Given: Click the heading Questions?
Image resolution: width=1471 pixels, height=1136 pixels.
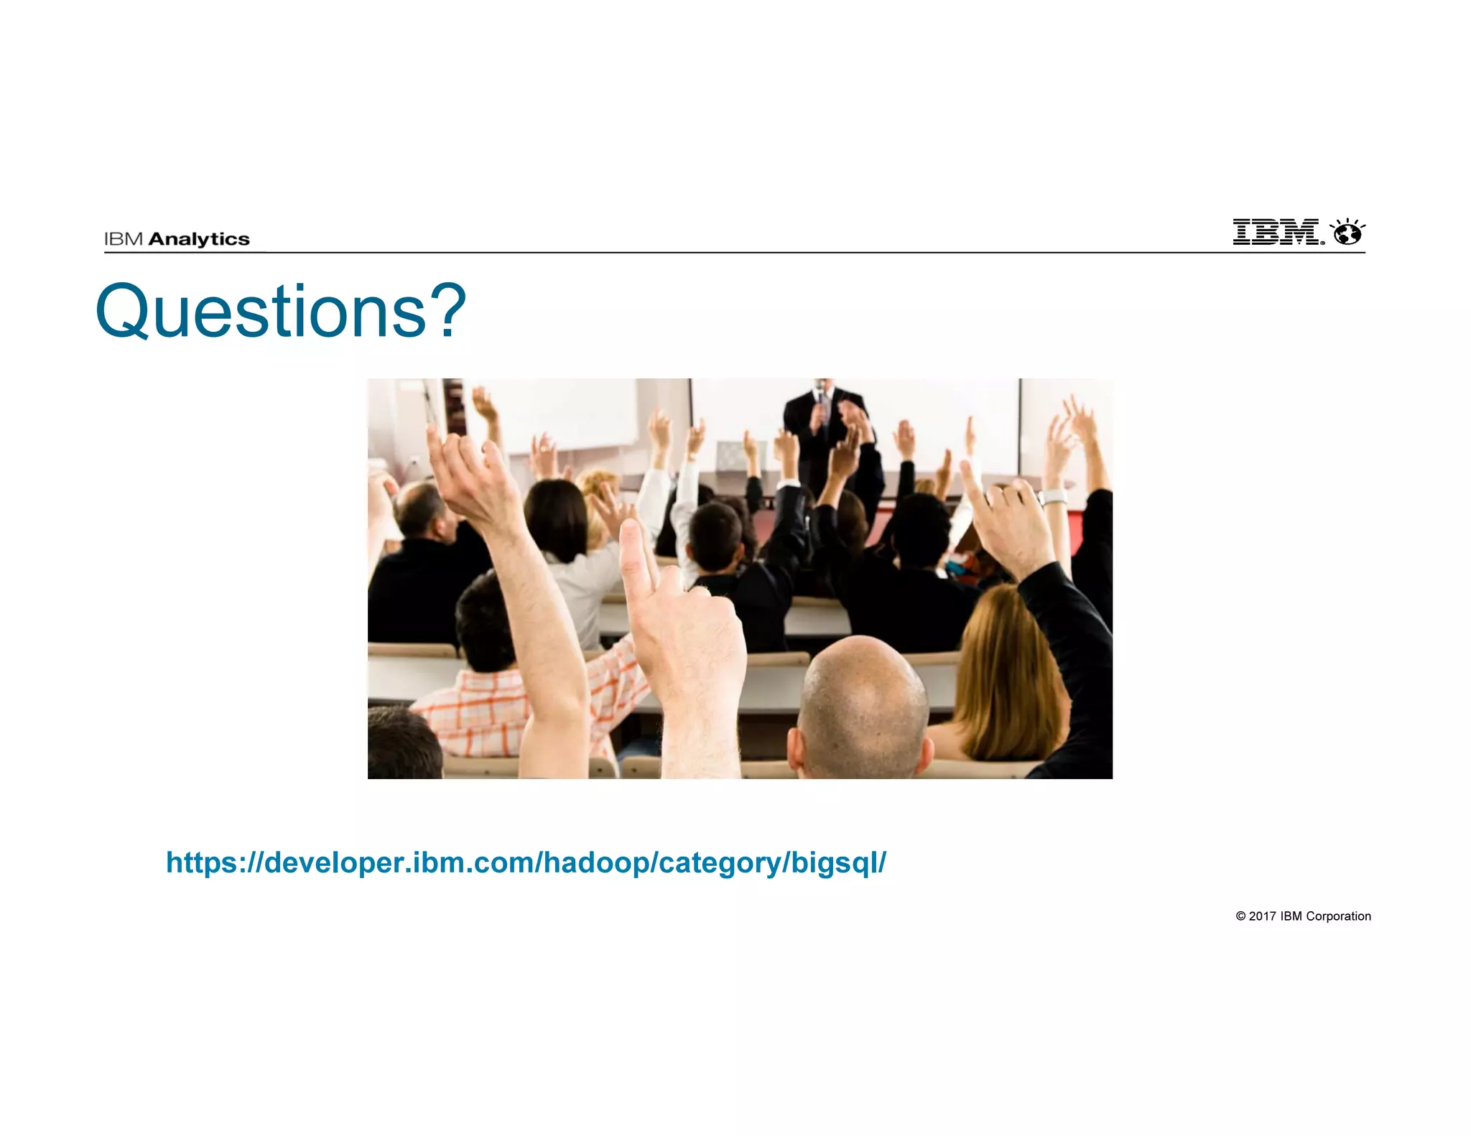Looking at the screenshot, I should (x=280, y=312).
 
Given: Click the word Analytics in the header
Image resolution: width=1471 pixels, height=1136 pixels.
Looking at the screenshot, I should (x=199, y=239).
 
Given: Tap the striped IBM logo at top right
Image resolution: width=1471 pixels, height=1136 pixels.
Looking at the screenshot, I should (x=1276, y=232).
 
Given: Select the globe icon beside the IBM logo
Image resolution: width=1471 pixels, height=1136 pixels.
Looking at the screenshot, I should (x=1347, y=233).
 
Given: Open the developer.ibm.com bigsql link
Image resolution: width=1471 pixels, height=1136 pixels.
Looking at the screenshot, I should (x=526, y=862).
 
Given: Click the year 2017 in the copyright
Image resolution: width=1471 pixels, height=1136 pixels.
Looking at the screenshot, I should (x=1262, y=916).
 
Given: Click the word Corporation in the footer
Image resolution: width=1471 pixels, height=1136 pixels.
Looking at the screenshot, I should (x=1338, y=916).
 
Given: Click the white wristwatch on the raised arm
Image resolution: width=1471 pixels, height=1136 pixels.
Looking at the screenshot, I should (x=1053, y=497).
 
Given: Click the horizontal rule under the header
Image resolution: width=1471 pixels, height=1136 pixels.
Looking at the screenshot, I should (x=733, y=253).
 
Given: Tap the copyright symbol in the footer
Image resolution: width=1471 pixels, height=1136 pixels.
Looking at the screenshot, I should (x=1240, y=916).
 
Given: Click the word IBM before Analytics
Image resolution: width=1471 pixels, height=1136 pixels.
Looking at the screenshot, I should (x=124, y=239).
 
